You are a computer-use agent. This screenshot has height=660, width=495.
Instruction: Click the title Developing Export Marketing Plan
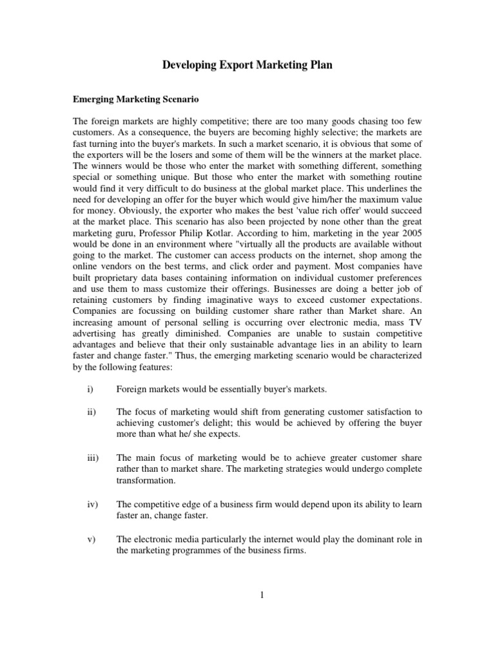[x=247, y=65]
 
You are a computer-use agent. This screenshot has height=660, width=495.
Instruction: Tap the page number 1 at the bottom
[x=262, y=595]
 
